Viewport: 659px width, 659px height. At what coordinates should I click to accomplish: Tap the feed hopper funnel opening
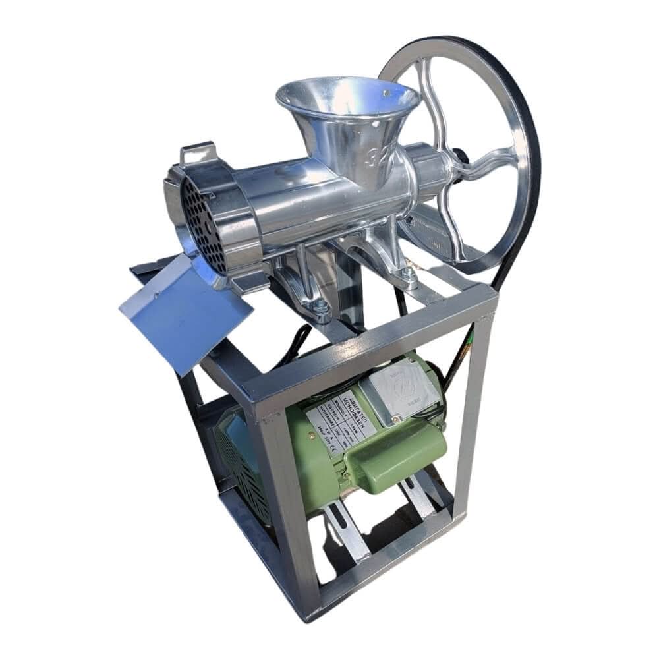(x=346, y=99)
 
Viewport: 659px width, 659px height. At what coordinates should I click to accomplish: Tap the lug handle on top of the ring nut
(x=198, y=154)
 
